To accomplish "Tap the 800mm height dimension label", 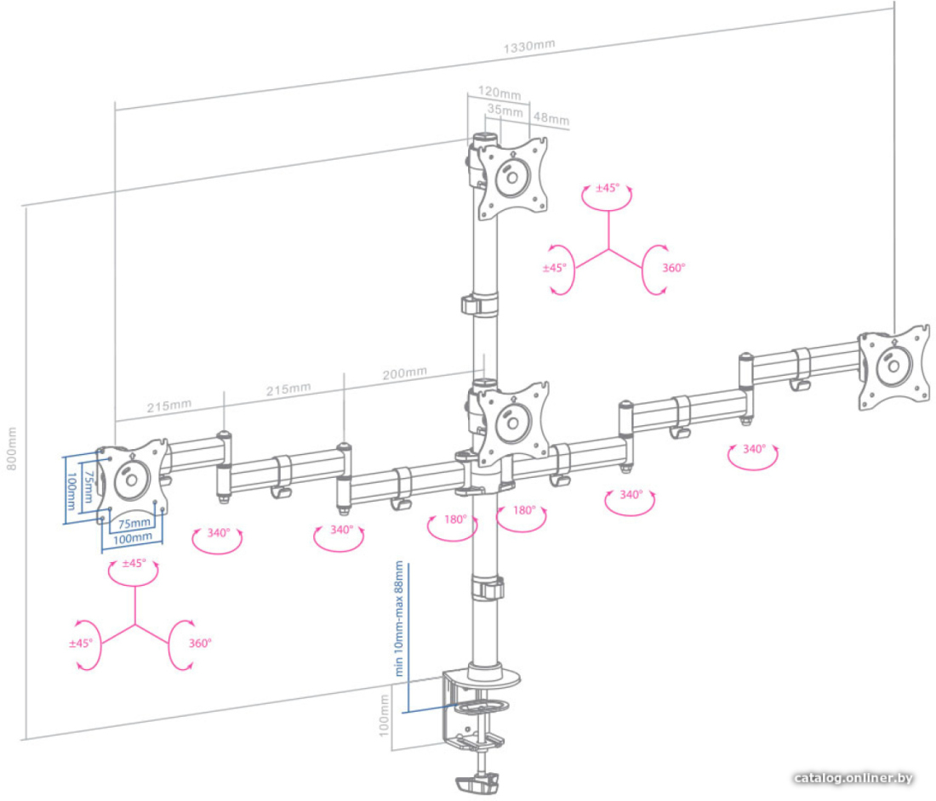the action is (x=11, y=448).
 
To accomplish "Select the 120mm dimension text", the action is (x=499, y=93).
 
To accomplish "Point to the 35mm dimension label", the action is (x=505, y=110).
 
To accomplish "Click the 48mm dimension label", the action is (x=551, y=118).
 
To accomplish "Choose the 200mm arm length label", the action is (x=405, y=373).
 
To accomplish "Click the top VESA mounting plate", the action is (x=513, y=178).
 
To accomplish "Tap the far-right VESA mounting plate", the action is (x=893, y=366).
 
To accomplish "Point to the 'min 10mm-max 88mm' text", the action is (x=399, y=619).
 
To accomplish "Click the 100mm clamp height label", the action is (x=385, y=714).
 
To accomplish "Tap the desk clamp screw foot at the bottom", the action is (x=477, y=783).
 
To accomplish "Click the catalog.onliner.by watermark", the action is (x=853, y=778).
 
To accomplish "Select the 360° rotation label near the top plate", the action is (x=673, y=269).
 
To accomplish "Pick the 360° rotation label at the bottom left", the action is (x=200, y=643).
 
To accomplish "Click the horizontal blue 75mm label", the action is (x=134, y=523).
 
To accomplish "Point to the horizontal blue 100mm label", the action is (x=133, y=538).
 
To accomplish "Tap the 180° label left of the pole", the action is (x=455, y=519).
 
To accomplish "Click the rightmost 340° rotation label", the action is (x=754, y=448).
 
